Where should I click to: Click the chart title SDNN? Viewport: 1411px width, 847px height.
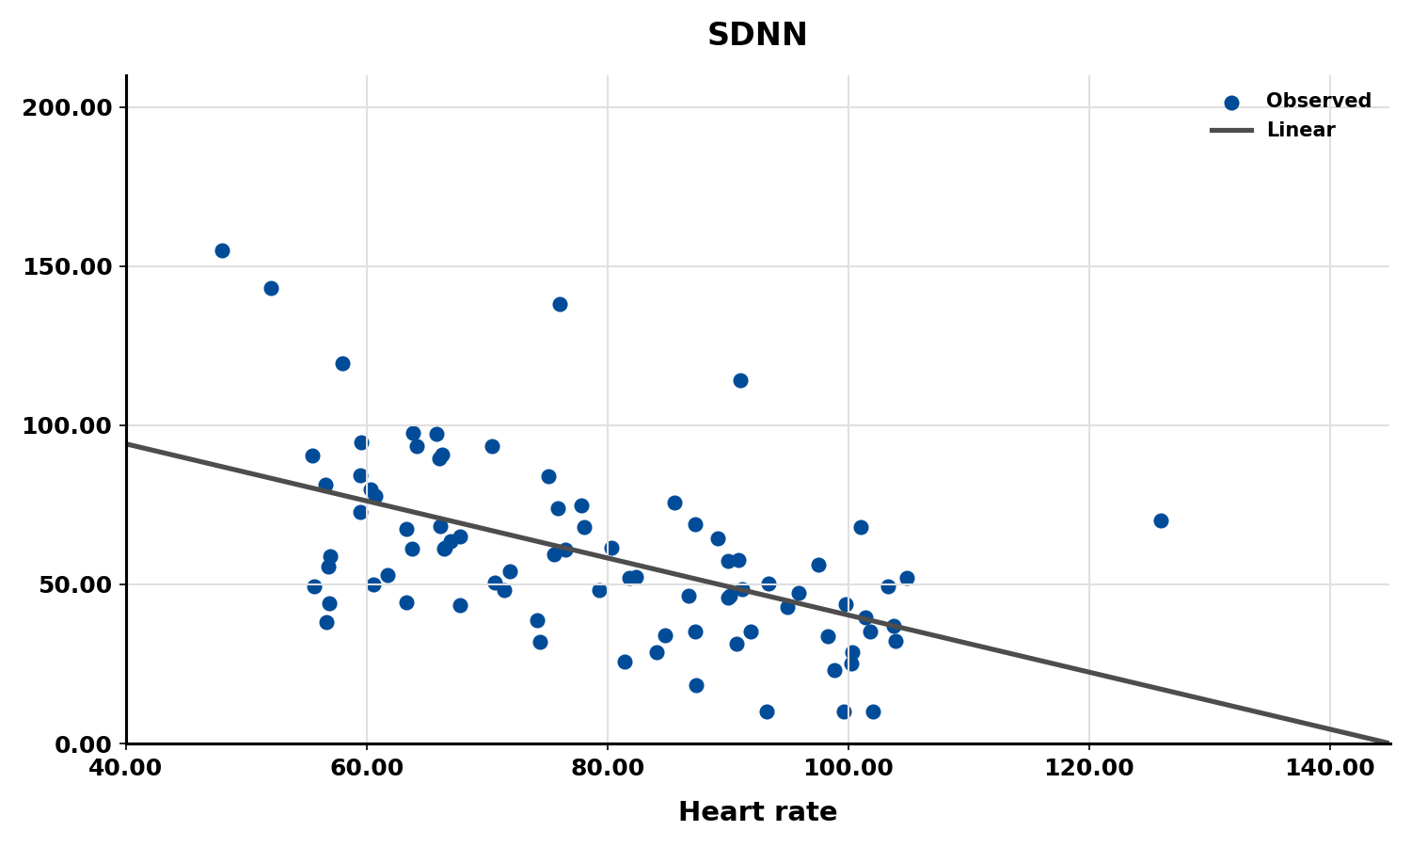[756, 36]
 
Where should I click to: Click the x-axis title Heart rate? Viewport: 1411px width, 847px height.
[757, 812]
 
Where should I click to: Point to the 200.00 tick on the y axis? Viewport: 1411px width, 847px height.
[67, 107]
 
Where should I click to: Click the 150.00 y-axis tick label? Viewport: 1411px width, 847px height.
[67, 266]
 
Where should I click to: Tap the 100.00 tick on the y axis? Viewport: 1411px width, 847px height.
[67, 425]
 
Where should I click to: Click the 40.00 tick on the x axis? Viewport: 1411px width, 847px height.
[126, 768]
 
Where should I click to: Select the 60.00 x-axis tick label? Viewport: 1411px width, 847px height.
[367, 768]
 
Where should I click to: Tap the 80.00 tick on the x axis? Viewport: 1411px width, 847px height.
[608, 768]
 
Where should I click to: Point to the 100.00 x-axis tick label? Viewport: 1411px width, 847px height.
[848, 768]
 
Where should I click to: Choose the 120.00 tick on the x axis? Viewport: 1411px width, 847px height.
[1089, 768]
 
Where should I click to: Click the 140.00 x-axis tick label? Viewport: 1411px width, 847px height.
[1329, 768]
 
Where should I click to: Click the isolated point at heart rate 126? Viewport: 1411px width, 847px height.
[1161, 520]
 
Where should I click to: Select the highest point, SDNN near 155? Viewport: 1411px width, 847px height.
[222, 250]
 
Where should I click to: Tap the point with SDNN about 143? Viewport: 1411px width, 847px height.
[271, 288]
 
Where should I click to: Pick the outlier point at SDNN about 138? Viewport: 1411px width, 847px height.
[560, 304]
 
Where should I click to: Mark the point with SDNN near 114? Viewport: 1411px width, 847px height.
[740, 380]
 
